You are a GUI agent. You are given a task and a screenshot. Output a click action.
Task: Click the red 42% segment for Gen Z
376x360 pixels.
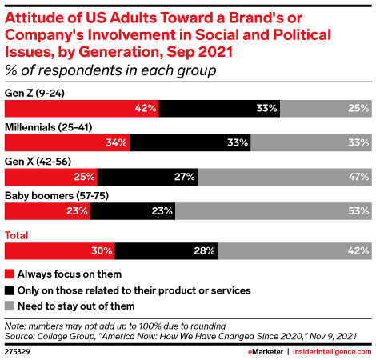point(82,109)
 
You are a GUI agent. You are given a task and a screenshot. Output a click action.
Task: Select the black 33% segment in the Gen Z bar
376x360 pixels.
point(219,109)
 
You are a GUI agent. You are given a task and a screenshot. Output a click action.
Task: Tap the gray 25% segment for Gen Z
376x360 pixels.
point(326,109)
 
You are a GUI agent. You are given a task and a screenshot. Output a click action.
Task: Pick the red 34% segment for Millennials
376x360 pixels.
point(67,142)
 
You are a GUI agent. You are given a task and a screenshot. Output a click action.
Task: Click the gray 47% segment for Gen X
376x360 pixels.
point(285,177)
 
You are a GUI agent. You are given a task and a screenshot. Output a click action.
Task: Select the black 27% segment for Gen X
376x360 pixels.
point(147,177)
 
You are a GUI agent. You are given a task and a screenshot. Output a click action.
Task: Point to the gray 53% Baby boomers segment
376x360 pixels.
point(274,211)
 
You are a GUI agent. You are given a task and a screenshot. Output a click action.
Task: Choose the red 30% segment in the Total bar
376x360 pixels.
point(60,251)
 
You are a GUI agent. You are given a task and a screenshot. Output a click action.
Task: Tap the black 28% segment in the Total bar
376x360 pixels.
point(166,251)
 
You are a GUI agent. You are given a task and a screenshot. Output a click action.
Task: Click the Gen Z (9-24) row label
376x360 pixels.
point(34,93)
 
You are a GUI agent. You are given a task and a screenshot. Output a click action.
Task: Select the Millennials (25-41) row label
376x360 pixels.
point(49,127)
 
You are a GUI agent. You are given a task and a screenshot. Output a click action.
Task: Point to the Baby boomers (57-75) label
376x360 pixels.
point(57,196)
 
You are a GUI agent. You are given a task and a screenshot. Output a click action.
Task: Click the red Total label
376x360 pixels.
point(17,235)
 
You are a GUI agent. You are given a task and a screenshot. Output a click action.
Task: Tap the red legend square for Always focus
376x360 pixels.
point(10,274)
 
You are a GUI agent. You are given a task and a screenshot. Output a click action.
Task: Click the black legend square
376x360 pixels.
point(10,290)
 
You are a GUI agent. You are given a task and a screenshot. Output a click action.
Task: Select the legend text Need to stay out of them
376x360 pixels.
point(76,306)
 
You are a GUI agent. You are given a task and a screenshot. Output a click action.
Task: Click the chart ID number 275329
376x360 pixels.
point(18,352)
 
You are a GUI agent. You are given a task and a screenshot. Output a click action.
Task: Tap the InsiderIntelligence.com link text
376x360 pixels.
point(332,352)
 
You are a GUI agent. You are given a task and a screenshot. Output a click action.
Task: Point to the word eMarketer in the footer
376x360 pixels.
point(266,352)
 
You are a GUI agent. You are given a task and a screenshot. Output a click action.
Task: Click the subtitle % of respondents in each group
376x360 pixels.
point(110,70)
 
